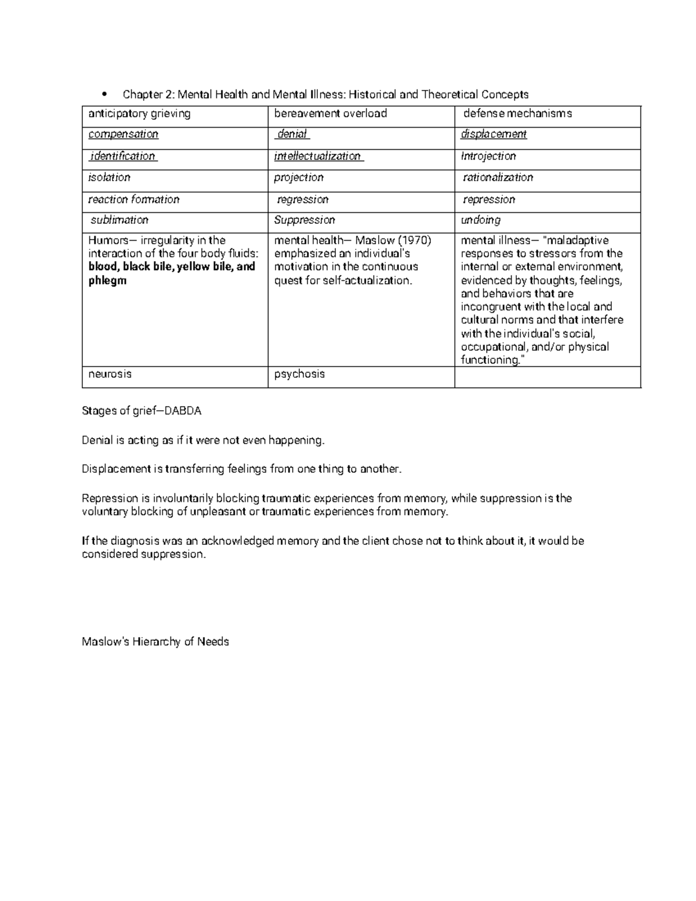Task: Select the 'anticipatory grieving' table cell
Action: [x=139, y=114]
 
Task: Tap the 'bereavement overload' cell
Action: [x=331, y=114]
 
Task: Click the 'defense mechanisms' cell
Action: [x=517, y=114]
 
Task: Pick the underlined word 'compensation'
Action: [x=123, y=135]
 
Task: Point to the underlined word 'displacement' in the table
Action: [x=494, y=135]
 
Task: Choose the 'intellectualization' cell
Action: [x=318, y=157]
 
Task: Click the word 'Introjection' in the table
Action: [x=488, y=157]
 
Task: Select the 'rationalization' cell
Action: [x=498, y=178]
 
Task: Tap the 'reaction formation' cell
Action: [x=134, y=200]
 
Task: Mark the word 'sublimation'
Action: [x=119, y=220]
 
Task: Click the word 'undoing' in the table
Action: [x=481, y=220]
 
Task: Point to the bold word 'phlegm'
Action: [x=107, y=281]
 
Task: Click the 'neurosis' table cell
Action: [x=110, y=374]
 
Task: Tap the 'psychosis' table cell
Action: [x=299, y=374]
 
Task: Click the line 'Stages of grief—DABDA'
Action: [x=142, y=411]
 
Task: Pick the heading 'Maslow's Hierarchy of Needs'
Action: [x=155, y=642]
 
